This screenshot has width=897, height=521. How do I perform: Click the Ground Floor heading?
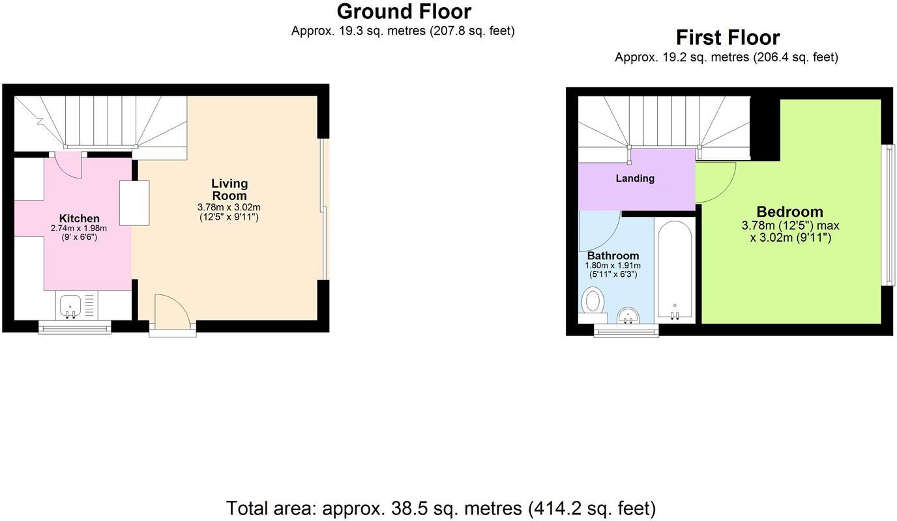tap(404, 12)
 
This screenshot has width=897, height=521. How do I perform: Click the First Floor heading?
tap(727, 38)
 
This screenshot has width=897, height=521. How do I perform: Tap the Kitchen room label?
tap(80, 218)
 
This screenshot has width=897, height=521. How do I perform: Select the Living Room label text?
tap(229, 190)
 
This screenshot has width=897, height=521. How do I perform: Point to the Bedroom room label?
tap(789, 212)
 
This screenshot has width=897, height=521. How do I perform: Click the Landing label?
tap(635, 178)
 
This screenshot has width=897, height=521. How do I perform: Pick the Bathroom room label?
tap(613, 255)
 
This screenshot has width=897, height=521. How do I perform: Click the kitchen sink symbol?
tap(70, 305)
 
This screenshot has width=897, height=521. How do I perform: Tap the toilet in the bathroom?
tap(593, 303)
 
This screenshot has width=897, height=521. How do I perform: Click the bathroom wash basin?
tap(629, 315)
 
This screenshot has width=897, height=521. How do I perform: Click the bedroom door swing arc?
tap(716, 183)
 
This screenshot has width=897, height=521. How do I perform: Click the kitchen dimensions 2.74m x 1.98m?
tap(78, 229)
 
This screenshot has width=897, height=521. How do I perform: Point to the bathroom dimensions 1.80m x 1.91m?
tap(613, 266)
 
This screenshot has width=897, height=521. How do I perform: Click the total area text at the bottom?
tap(441, 508)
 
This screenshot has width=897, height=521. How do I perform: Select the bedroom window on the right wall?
tap(887, 215)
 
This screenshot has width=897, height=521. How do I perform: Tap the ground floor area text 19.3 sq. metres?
tap(403, 31)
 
